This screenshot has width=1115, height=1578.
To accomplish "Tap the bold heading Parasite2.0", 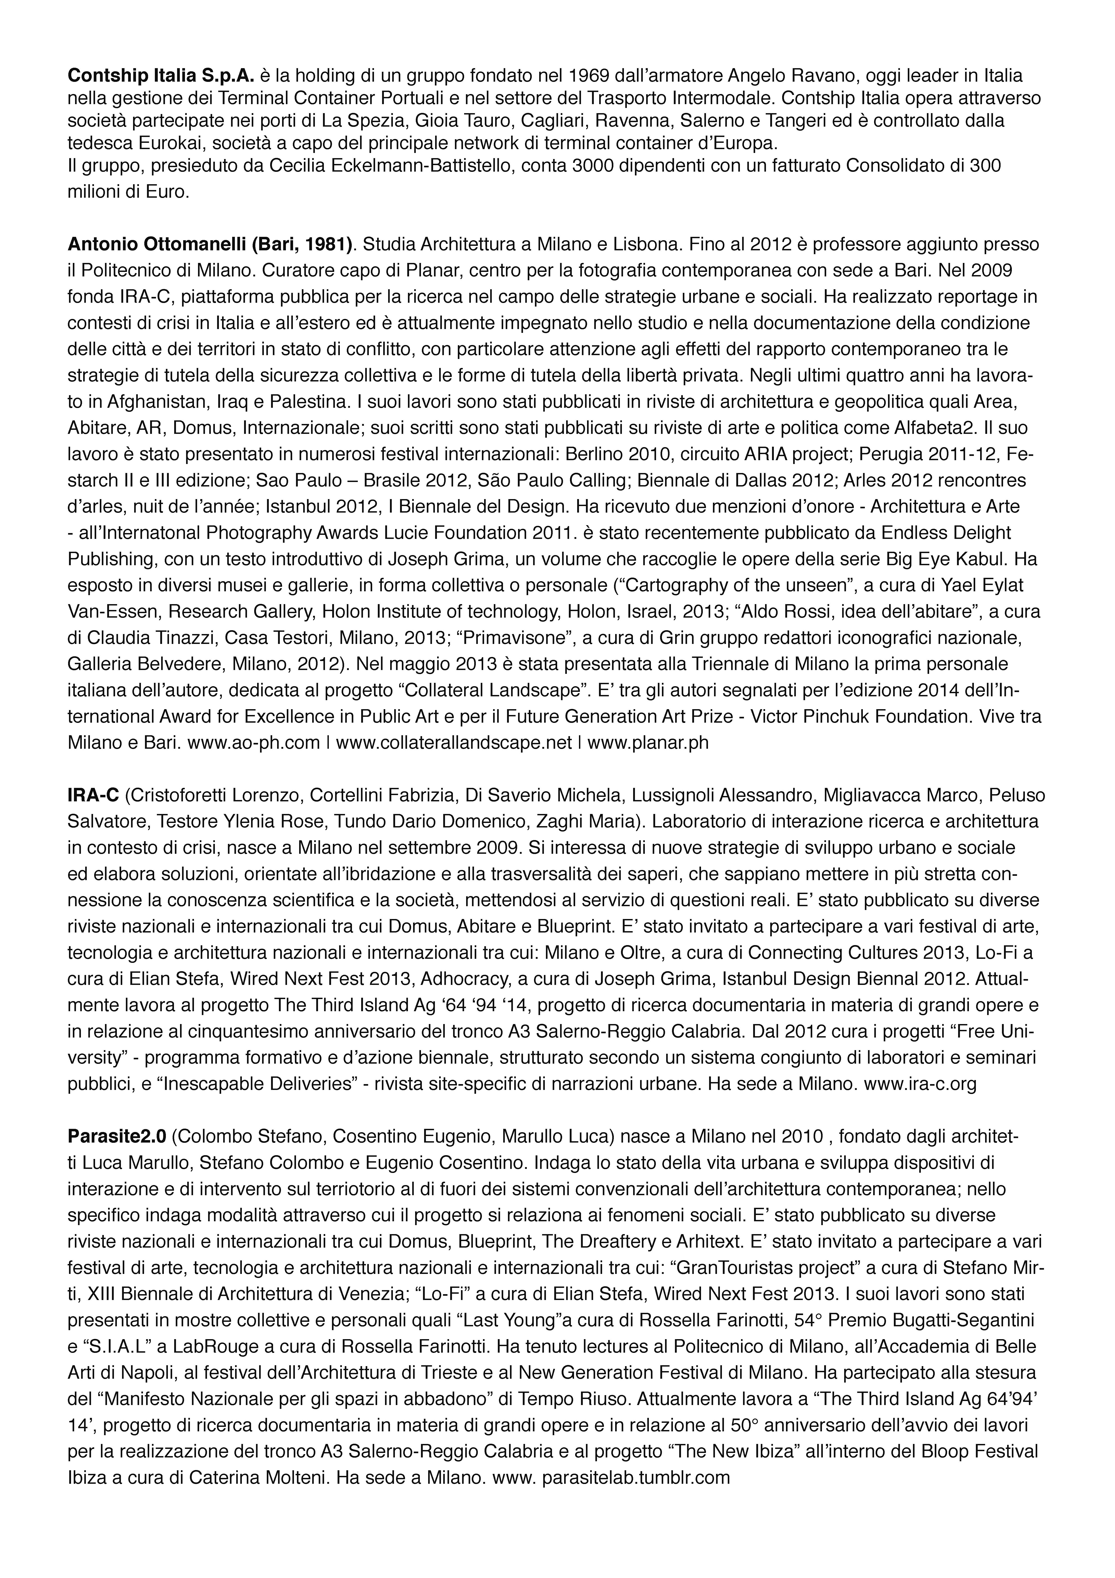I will click(x=117, y=1137).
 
